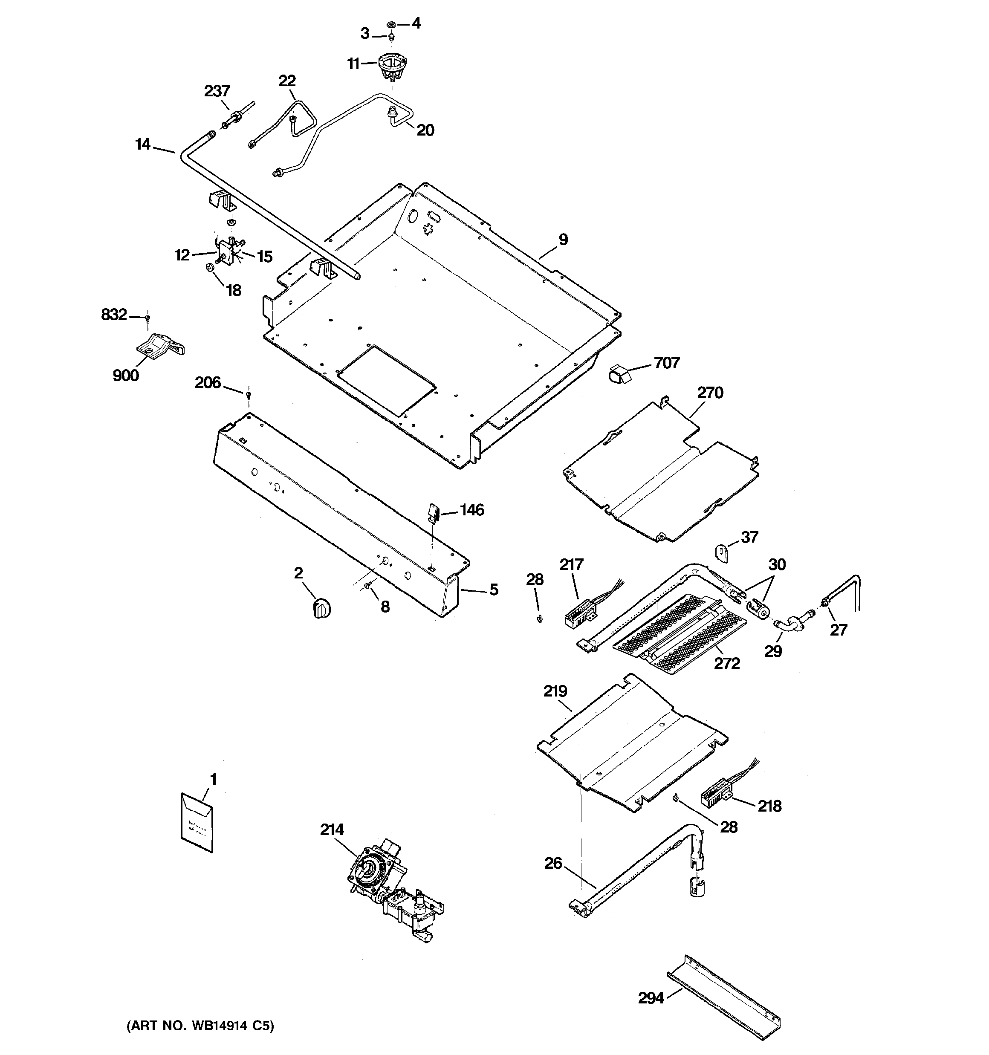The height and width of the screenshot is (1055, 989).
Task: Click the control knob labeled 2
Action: point(321,607)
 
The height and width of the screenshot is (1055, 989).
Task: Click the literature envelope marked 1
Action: point(197,823)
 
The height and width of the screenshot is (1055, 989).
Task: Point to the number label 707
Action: point(666,363)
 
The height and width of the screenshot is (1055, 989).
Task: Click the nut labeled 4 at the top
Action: point(391,24)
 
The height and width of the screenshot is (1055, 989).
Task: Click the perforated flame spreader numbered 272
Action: point(674,634)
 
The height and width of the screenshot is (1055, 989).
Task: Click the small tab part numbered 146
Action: point(433,512)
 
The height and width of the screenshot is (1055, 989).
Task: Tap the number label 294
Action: point(651,998)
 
